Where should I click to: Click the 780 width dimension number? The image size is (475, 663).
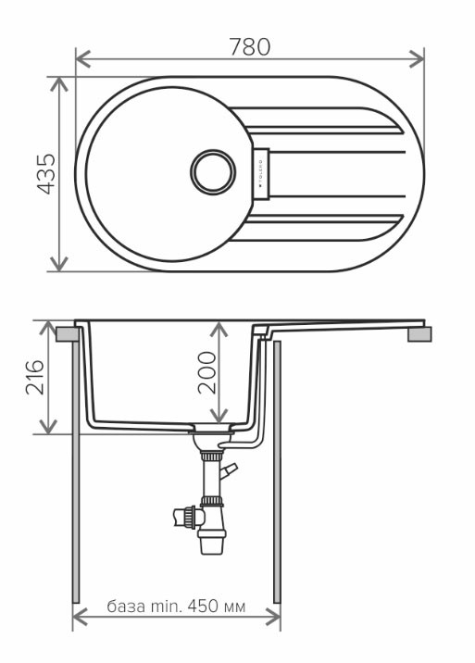click(249, 45)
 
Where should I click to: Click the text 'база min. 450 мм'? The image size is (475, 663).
click(176, 607)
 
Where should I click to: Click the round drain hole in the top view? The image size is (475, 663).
click(214, 173)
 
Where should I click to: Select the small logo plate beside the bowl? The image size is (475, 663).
click(259, 173)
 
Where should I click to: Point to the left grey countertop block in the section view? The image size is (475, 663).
click(65, 332)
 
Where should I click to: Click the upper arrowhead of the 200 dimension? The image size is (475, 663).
click(218, 327)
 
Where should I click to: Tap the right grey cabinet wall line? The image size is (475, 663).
click(278, 482)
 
